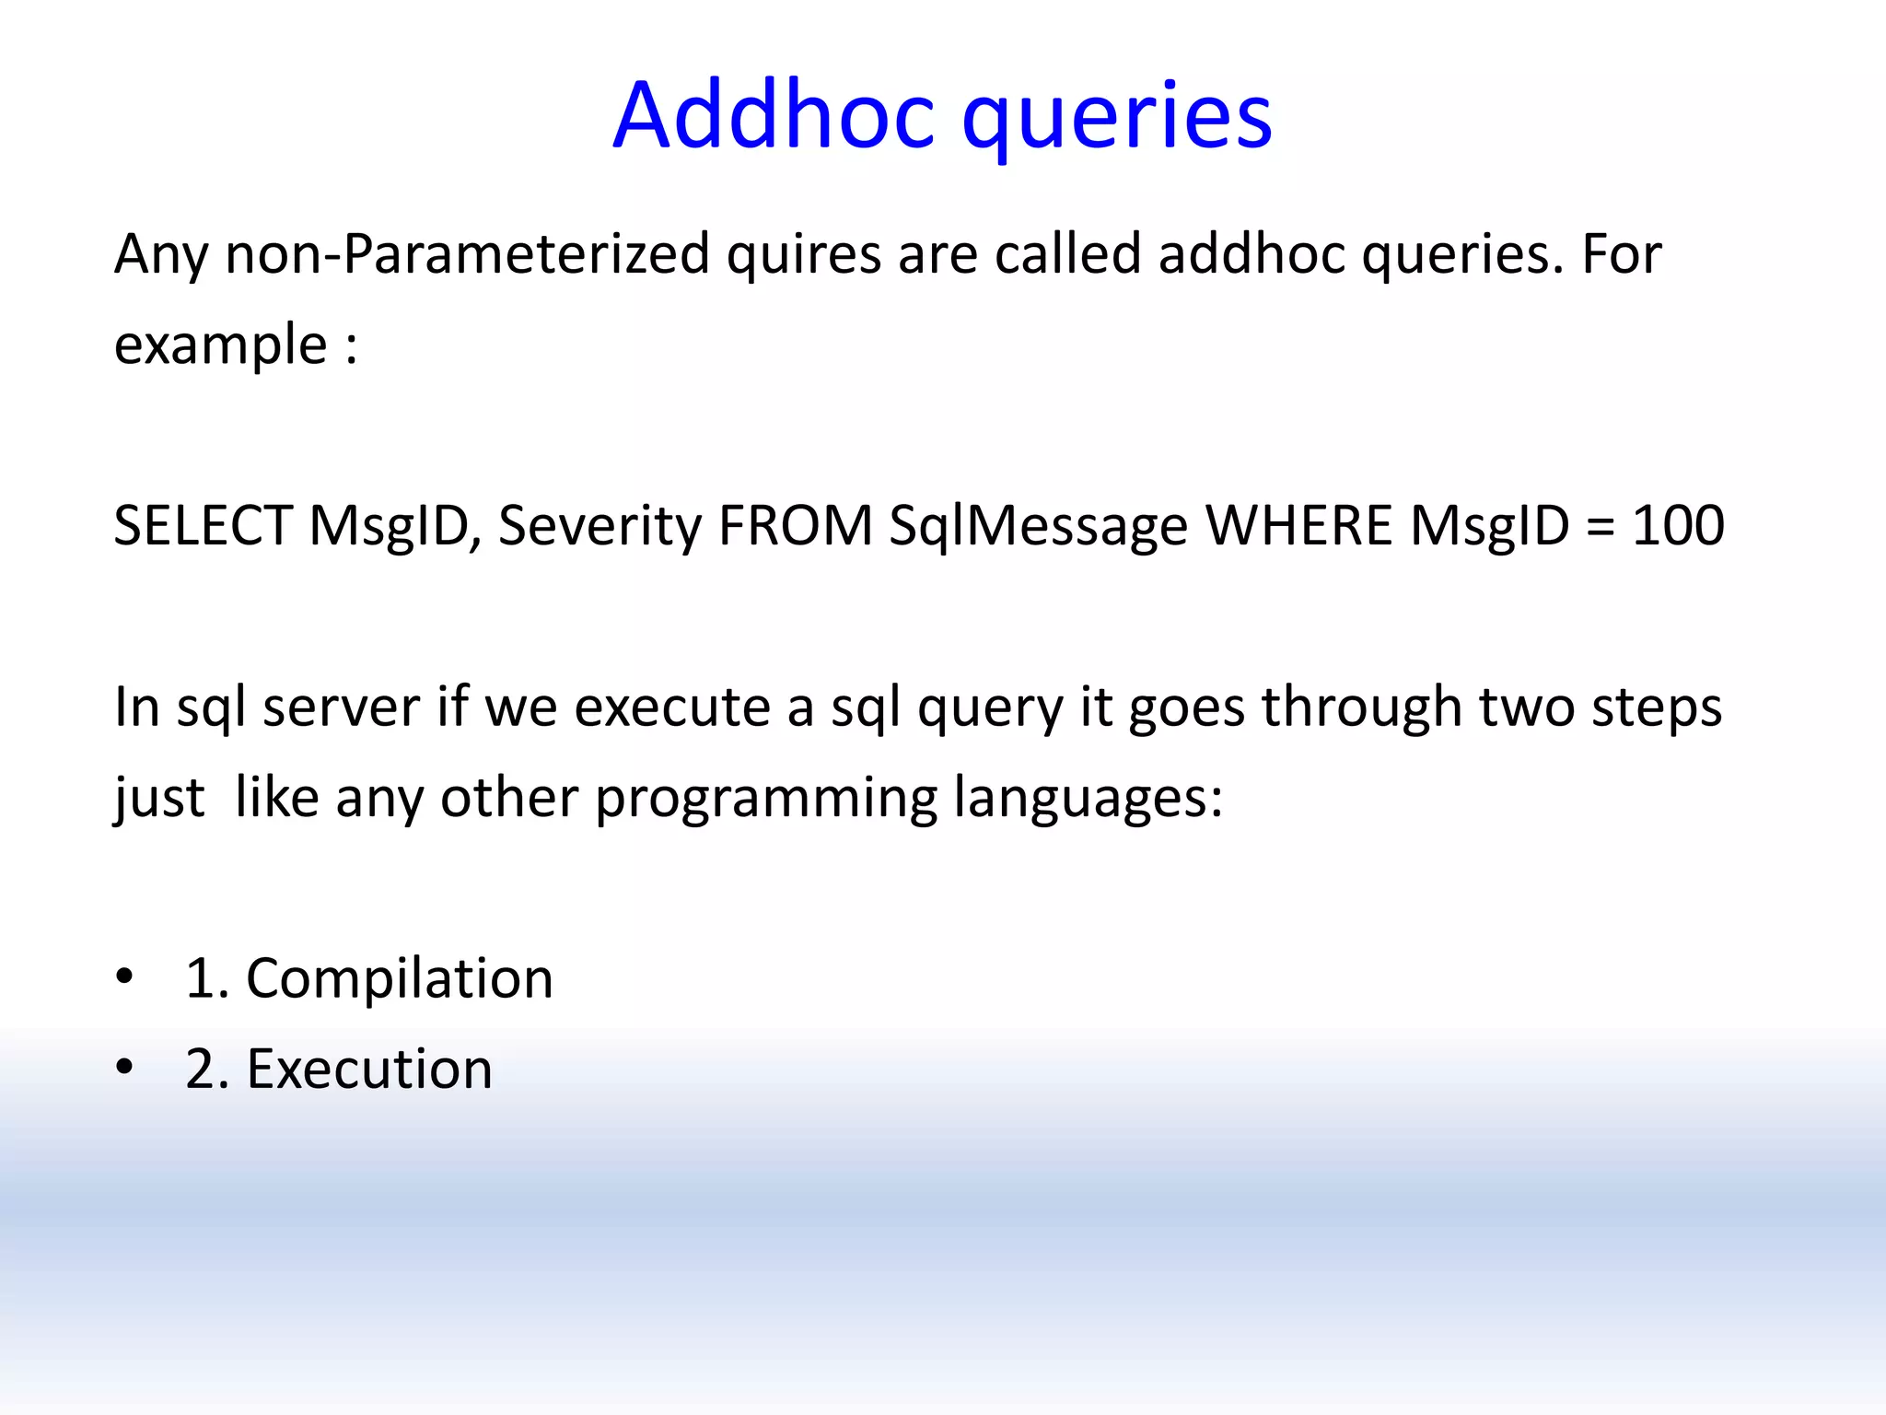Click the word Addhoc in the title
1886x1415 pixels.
click(x=774, y=116)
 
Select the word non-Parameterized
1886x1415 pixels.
click(x=467, y=253)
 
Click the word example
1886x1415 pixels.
click(x=220, y=345)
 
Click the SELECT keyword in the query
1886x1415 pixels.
click(x=203, y=525)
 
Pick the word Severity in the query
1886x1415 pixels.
click(x=600, y=525)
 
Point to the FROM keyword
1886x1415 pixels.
click(x=795, y=525)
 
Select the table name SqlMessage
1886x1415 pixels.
click(x=1038, y=525)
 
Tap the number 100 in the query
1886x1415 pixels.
click(x=1678, y=525)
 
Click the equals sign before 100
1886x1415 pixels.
click(x=1601, y=527)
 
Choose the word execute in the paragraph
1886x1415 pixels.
click(x=672, y=707)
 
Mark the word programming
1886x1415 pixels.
click(x=765, y=798)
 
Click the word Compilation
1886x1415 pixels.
click(x=399, y=978)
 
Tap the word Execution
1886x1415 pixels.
click(x=368, y=1069)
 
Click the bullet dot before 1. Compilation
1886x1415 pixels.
click(x=124, y=976)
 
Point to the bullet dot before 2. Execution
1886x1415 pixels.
click(x=124, y=1068)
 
